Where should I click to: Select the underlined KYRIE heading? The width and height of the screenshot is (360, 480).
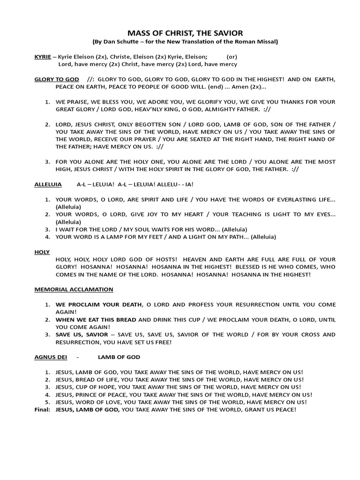tap(43, 56)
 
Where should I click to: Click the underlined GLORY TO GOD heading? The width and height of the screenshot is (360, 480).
tap(57, 79)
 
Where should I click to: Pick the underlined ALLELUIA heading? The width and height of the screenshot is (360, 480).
tap(48, 185)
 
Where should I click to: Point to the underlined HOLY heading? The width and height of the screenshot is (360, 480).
tap(42, 252)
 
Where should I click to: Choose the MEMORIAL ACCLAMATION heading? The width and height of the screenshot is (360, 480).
tap(74, 289)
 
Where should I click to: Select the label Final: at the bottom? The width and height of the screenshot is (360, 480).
tap(42, 409)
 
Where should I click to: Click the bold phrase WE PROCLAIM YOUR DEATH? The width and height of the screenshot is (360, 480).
tap(98, 304)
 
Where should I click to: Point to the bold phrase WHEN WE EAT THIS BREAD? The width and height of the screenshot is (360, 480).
tap(96, 319)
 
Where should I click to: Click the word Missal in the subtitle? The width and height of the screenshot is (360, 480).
tap(268, 42)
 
